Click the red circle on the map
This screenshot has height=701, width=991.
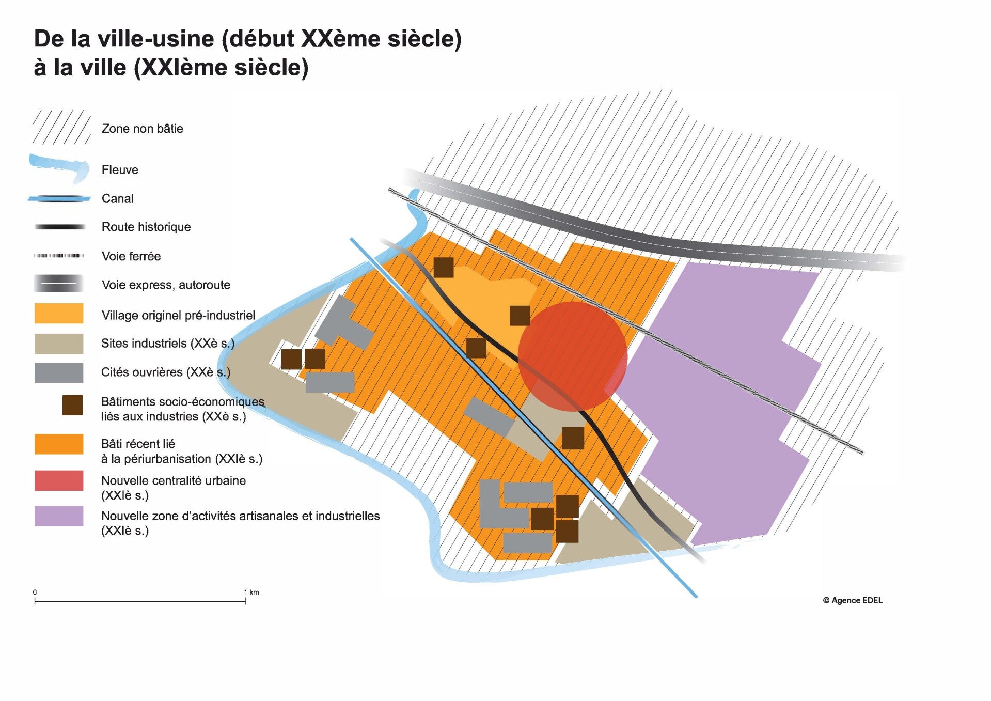[572, 356]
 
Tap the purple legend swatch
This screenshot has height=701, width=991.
[59, 516]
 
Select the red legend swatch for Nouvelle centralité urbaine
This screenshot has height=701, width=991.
[59, 480]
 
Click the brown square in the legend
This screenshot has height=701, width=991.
[72, 406]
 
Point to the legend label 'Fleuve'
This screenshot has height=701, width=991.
[120, 170]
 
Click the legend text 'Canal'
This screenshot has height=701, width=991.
[118, 199]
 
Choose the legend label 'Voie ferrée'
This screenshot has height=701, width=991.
[131, 256]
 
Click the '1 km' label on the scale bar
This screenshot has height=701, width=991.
[251, 592]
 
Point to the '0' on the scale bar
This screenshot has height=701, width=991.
[35, 592]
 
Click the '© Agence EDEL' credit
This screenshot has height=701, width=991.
[853, 600]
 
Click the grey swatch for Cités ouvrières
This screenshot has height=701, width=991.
[59, 372]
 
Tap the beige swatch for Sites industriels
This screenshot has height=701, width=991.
[59, 344]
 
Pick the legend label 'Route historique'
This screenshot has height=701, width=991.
[146, 227]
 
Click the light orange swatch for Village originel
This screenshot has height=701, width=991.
[59, 314]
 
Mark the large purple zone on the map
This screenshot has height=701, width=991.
[723, 403]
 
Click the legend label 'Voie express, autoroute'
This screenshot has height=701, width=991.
[166, 285]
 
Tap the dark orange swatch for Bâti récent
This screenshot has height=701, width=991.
[59, 444]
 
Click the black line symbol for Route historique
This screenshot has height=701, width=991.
[59, 227]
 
